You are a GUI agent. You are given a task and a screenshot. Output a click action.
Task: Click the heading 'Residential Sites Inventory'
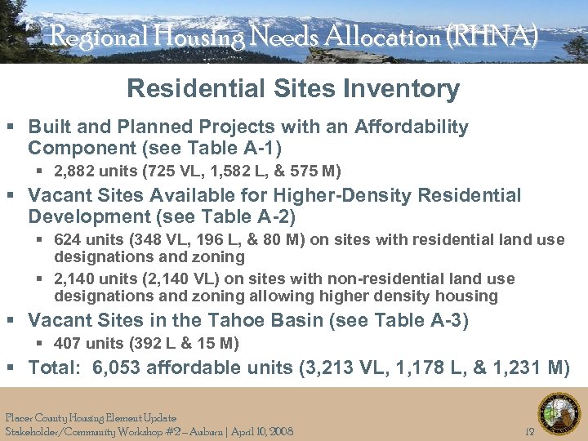click(x=293, y=89)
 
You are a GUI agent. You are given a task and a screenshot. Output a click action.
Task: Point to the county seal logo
click(x=559, y=413)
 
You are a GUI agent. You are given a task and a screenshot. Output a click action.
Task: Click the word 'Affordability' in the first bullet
click(x=412, y=127)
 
